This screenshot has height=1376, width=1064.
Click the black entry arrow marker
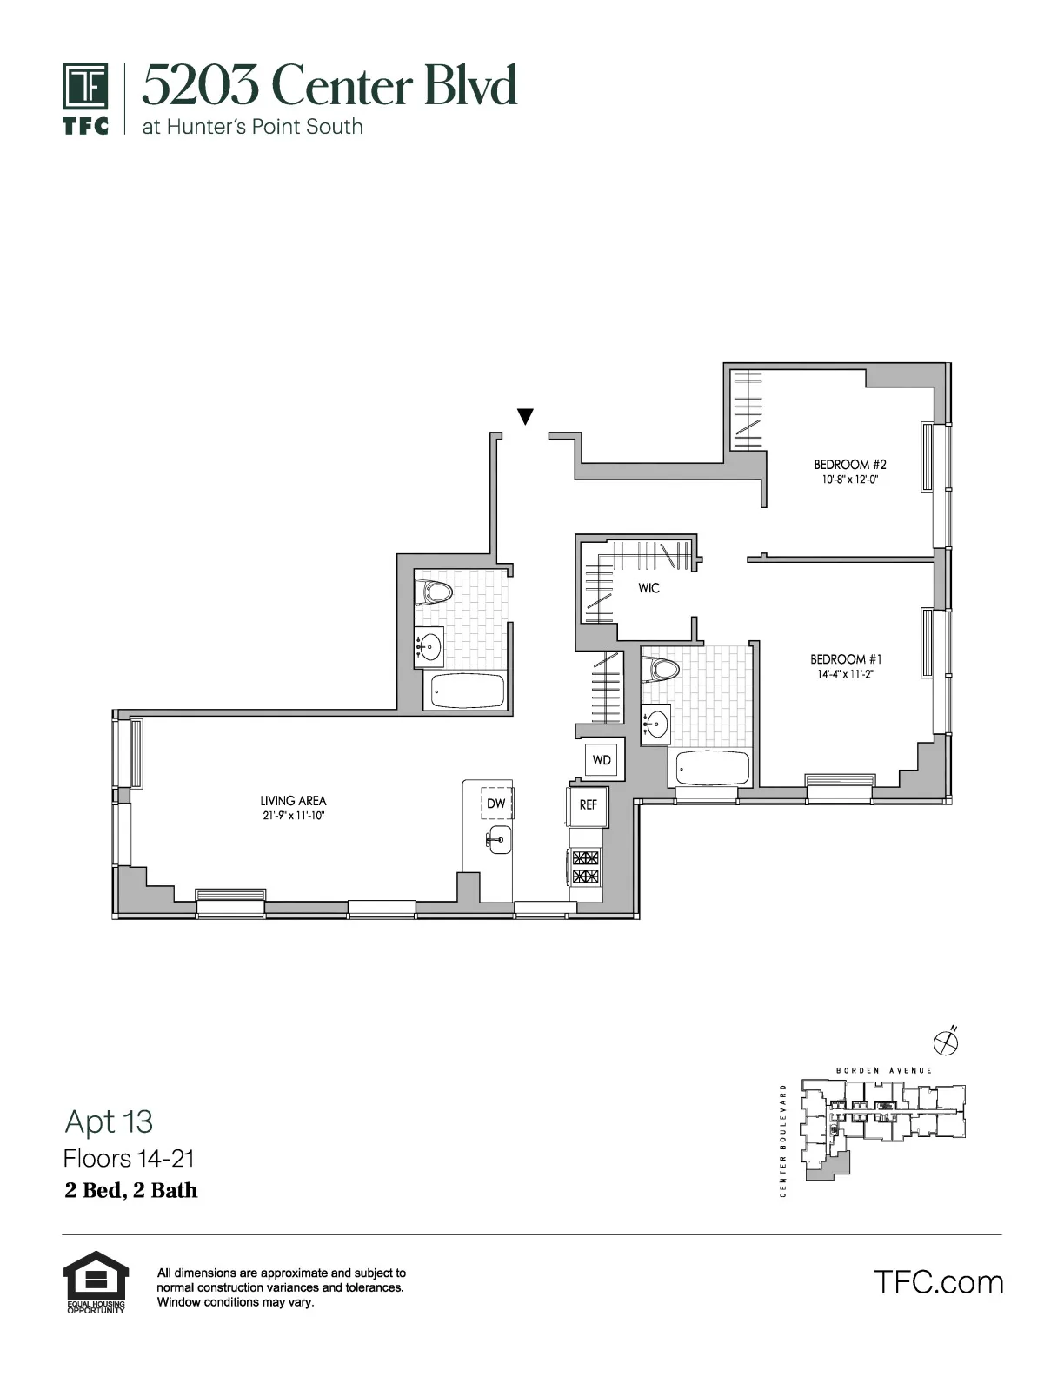point(525,416)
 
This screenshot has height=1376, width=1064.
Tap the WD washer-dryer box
point(602,760)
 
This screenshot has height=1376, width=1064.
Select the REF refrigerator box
point(589,805)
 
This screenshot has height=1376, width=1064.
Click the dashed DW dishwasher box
point(496,804)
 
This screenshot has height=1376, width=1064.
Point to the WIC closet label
point(648,588)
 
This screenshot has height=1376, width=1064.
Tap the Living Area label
point(293,801)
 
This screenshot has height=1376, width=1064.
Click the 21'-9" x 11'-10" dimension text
point(292,816)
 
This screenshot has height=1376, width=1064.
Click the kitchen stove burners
point(585,867)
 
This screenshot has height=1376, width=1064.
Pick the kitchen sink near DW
point(498,839)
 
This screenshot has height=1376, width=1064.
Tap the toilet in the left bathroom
point(435,592)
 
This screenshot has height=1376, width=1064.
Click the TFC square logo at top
point(85,87)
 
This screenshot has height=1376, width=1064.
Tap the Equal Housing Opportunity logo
point(96,1280)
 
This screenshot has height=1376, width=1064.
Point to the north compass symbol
point(945,1039)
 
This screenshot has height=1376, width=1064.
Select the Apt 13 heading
point(109,1121)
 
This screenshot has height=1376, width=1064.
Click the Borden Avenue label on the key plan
point(883,1070)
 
